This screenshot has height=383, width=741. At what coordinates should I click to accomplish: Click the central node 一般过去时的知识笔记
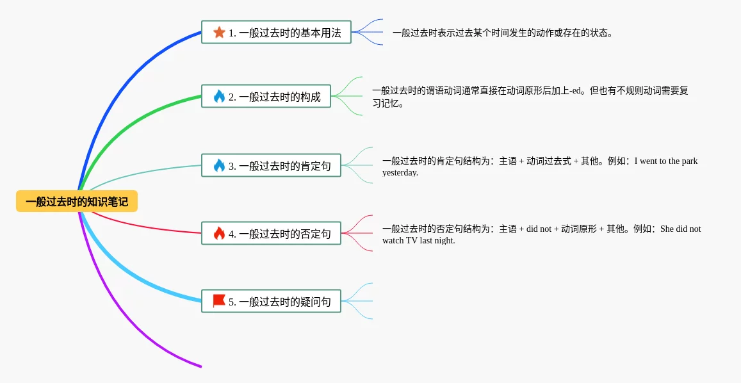(x=77, y=202)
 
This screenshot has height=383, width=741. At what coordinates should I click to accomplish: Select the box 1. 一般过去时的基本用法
(x=276, y=32)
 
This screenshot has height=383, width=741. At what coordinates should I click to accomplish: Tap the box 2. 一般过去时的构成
(x=266, y=97)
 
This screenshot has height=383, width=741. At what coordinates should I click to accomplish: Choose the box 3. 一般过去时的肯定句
(x=271, y=165)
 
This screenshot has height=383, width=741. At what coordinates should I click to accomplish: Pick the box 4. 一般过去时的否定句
(x=271, y=233)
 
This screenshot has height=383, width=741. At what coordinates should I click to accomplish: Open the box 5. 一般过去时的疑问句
(x=271, y=301)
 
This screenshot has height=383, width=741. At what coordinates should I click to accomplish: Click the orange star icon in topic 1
(x=219, y=32)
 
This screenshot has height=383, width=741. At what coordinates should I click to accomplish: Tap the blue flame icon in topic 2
(x=219, y=97)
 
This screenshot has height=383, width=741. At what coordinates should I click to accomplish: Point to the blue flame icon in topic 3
(x=219, y=165)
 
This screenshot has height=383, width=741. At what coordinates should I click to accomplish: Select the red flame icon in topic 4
(x=219, y=233)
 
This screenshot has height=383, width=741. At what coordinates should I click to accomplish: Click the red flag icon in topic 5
(x=219, y=300)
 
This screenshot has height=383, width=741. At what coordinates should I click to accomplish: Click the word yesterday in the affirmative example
(x=400, y=172)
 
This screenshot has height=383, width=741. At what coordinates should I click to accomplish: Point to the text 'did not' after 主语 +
(x=539, y=229)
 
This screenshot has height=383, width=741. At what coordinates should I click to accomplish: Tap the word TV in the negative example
(x=411, y=240)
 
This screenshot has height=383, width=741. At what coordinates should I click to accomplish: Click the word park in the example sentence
(x=689, y=161)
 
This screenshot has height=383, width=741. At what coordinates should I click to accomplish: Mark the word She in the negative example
(x=667, y=229)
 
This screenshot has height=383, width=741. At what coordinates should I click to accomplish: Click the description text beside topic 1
(x=503, y=33)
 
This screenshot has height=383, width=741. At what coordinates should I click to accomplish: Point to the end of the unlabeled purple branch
(x=200, y=366)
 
